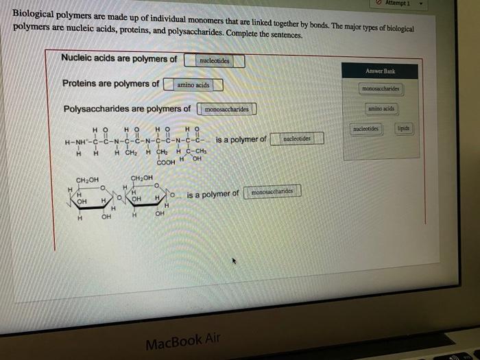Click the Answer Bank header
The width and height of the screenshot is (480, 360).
[x=380, y=71]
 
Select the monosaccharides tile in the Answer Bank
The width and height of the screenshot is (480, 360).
[x=381, y=89]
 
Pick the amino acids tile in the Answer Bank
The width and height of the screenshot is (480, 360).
[x=381, y=109]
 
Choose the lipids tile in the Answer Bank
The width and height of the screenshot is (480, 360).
[x=404, y=129]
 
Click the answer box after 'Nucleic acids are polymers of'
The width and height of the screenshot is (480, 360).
[x=214, y=61]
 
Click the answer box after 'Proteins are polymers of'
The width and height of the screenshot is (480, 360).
[x=193, y=85]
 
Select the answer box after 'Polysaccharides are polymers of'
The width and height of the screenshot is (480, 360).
[x=227, y=109]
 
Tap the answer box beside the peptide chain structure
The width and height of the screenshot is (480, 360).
[x=296, y=139]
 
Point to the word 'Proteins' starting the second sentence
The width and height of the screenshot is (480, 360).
[x=82, y=84]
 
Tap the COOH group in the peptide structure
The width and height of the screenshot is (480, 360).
[x=166, y=163]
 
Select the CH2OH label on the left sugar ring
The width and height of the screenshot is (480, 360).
[x=87, y=180]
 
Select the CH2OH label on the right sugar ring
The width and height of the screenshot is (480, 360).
[x=142, y=178]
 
